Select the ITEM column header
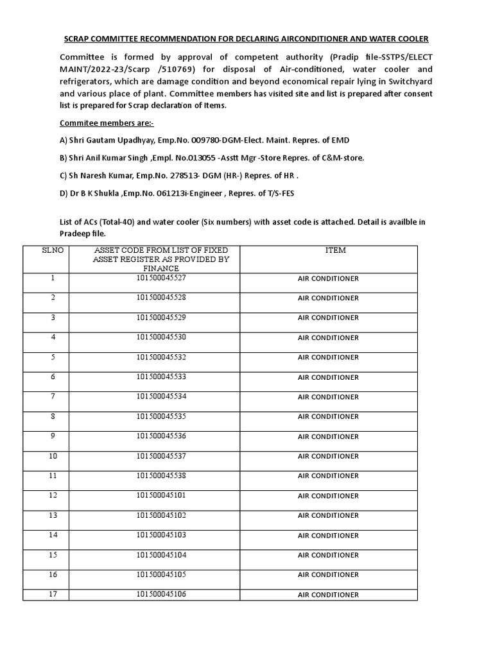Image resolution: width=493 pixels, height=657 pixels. click(x=335, y=250)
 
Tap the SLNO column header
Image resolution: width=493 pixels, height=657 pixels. click(x=53, y=250)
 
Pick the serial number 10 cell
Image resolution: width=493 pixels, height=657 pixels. click(x=53, y=456)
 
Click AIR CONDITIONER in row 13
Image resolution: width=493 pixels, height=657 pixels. click(x=328, y=516)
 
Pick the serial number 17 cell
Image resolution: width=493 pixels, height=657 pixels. click(x=53, y=594)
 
